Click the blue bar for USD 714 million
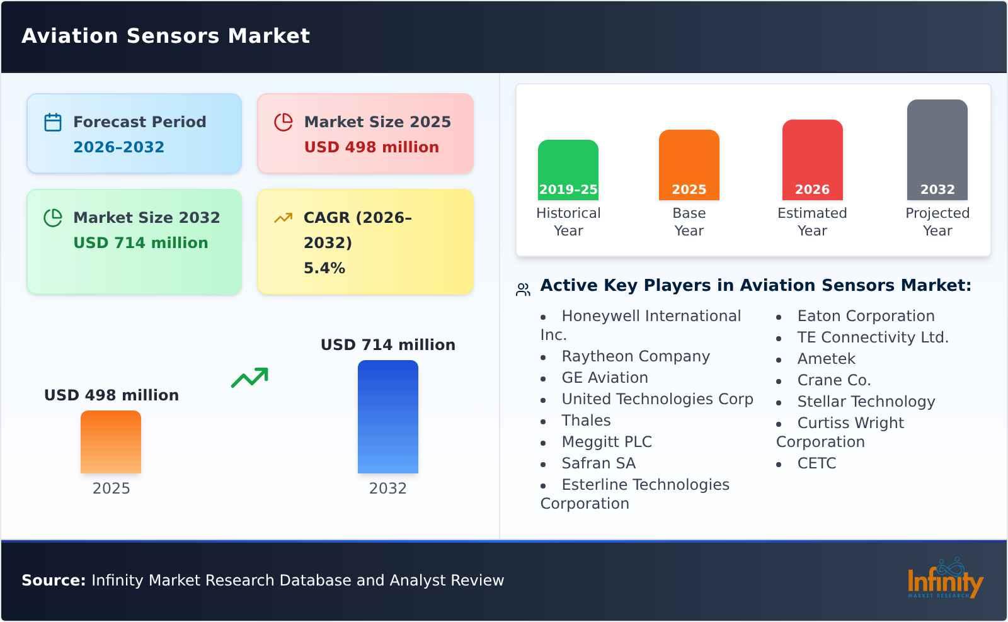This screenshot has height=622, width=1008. click(x=387, y=416)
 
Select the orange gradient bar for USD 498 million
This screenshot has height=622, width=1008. click(x=111, y=441)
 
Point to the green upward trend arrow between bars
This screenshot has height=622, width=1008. click(x=249, y=378)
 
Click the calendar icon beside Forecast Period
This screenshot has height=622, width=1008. click(x=53, y=122)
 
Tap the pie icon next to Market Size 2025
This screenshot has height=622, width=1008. click(x=283, y=122)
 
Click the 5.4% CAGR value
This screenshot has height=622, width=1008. click(x=324, y=268)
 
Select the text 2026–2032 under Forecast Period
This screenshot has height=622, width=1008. click(x=118, y=147)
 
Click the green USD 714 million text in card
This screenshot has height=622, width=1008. click(x=140, y=243)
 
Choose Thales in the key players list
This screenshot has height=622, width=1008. click(x=586, y=421)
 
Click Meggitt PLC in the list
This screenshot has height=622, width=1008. click(x=606, y=442)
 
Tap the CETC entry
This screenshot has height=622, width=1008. click(x=816, y=463)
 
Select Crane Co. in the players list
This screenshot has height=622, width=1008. click(x=833, y=380)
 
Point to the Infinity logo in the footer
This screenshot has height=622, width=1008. click(x=944, y=579)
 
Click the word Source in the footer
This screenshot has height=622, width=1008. click(x=53, y=580)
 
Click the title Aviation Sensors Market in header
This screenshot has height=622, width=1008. click(x=166, y=36)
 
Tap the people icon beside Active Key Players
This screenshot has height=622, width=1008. click(x=523, y=290)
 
